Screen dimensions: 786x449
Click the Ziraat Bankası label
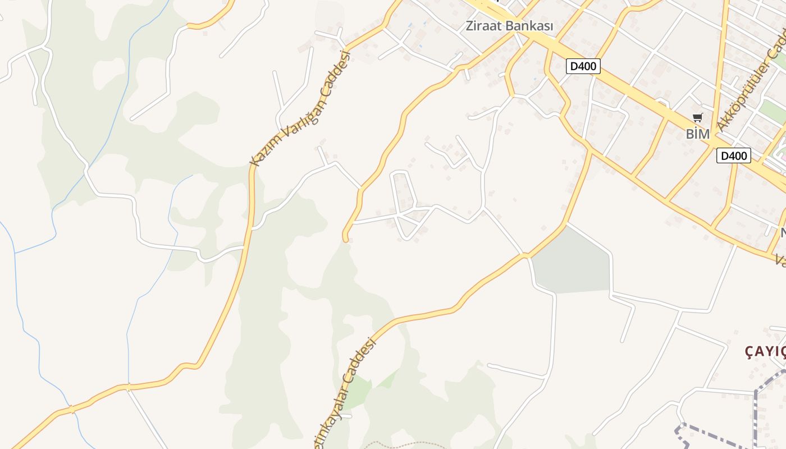coord(510,26)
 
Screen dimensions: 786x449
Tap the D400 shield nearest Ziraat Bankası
coord(583,66)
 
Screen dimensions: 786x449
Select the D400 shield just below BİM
coord(733,155)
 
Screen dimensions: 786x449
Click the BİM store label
coord(698,134)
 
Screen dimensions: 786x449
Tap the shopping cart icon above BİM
coord(698,118)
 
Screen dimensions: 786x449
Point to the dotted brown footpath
coord(404,445)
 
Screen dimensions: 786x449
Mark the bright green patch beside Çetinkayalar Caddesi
coord(357,393)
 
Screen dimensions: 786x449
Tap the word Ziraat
coord(484,26)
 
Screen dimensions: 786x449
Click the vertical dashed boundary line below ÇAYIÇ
coord(756,415)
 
